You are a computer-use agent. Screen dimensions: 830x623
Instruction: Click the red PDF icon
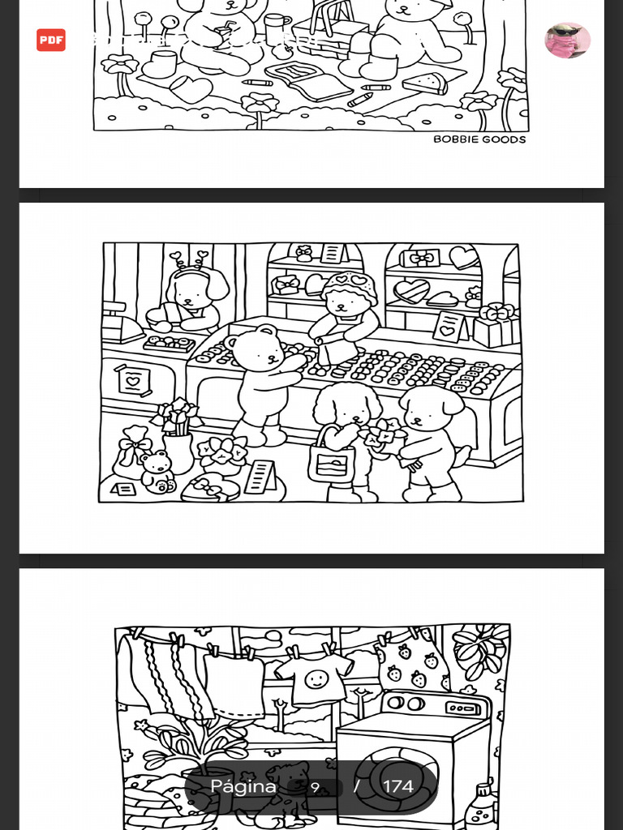pyautogui.click(x=50, y=40)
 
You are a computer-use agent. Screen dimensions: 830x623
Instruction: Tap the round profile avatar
pyautogui.click(x=567, y=41)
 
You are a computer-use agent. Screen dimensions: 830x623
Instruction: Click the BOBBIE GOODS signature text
pyautogui.click(x=479, y=139)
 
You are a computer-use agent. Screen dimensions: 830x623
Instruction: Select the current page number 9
pyautogui.click(x=315, y=787)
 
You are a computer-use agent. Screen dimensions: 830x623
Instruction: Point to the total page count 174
pyautogui.click(x=397, y=786)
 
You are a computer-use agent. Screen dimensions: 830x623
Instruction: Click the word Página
pyautogui.click(x=243, y=786)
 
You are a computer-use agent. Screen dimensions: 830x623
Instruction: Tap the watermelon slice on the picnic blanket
pyautogui.click(x=424, y=83)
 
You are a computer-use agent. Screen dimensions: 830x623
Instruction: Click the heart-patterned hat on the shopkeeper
pyautogui.click(x=350, y=285)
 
